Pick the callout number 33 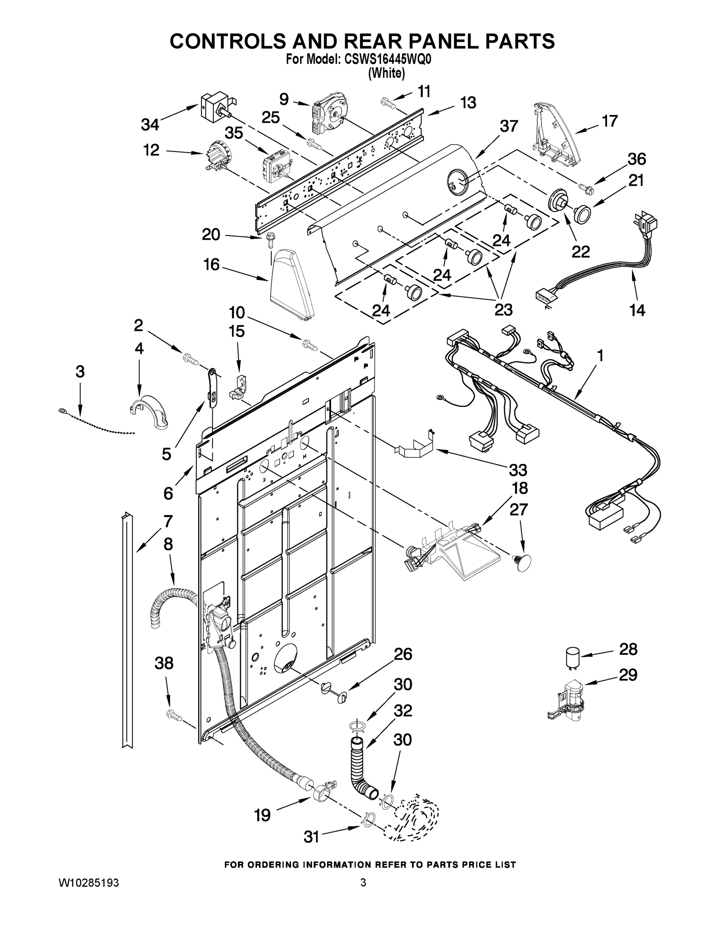point(518,470)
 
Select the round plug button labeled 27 point(522,560)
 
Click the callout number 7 point(168,521)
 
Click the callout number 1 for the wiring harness point(600,355)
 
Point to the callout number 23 point(503,309)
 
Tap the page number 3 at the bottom point(363,882)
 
